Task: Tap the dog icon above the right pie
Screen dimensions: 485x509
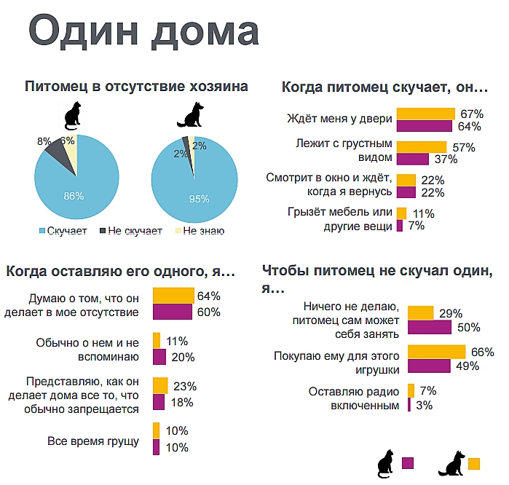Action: [192, 116]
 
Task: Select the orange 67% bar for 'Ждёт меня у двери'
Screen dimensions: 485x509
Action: [426, 114]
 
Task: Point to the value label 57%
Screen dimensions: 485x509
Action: [463, 148]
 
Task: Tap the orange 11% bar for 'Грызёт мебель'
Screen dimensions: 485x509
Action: [401, 213]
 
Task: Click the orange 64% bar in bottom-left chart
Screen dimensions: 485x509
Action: [173, 296]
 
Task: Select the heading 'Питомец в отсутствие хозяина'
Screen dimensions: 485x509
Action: [136, 87]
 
